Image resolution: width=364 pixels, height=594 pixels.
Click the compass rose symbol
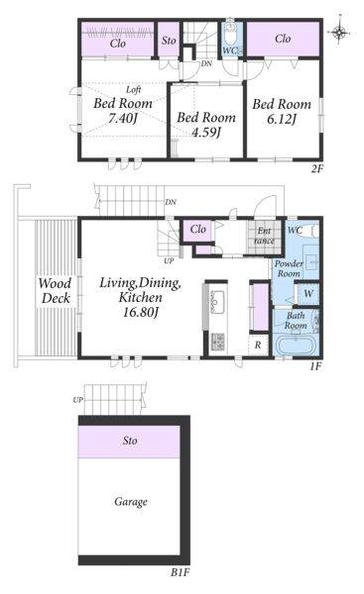click(340, 32)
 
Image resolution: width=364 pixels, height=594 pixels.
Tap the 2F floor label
click(317, 169)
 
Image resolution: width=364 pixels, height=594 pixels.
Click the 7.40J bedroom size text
click(122, 119)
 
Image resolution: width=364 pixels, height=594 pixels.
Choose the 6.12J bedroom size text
click(282, 119)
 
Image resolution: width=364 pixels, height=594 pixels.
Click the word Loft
click(134, 90)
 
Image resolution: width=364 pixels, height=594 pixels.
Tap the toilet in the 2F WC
click(230, 35)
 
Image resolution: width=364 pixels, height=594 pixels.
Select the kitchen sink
click(217, 301)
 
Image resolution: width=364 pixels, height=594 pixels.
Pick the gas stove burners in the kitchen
click(217, 341)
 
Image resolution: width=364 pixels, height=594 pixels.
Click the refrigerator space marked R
click(258, 346)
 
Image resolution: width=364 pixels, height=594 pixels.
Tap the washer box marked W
click(308, 293)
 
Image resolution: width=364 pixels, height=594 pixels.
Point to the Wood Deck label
click(55, 290)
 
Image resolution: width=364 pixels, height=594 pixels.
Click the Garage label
click(131, 502)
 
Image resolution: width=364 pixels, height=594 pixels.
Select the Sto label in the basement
click(130, 441)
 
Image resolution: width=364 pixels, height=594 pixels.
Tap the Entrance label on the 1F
click(264, 236)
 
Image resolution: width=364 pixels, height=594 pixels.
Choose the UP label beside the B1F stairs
click(77, 400)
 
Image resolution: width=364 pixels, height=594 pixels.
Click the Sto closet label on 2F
click(169, 41)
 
